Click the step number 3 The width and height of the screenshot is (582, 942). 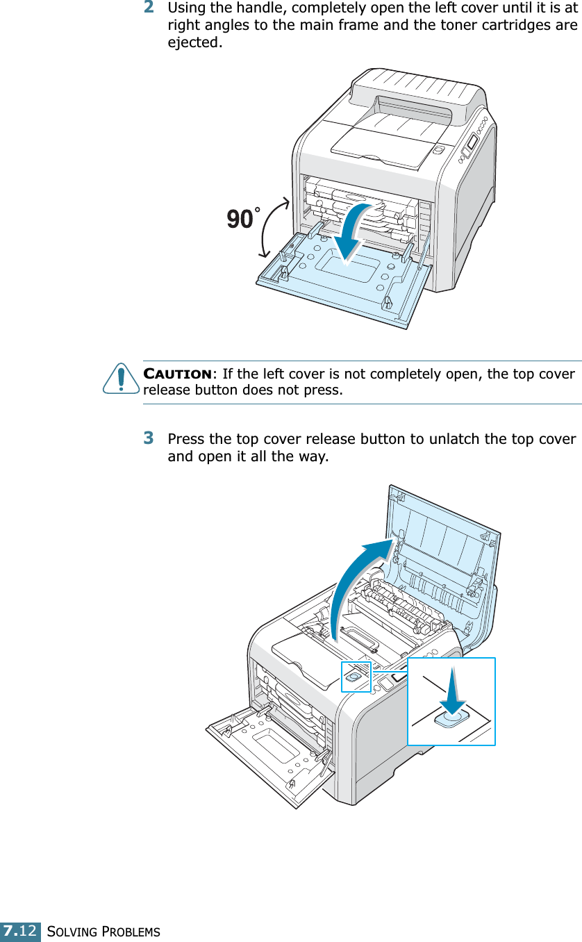[x=149, y=439]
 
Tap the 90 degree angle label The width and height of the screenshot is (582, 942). [x=241, y=220]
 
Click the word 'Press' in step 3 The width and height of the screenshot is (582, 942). [x=186, y=440]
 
